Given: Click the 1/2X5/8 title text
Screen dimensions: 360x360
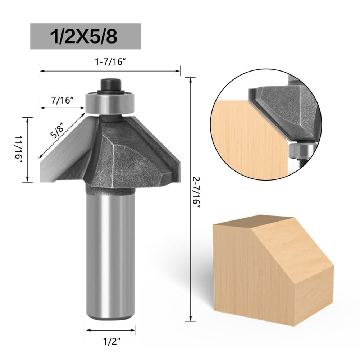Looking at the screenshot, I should pos(85,36).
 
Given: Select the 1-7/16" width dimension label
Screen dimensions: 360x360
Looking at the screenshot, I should pos(110,61).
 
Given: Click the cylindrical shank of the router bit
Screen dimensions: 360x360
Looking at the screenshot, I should pos(110,252).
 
